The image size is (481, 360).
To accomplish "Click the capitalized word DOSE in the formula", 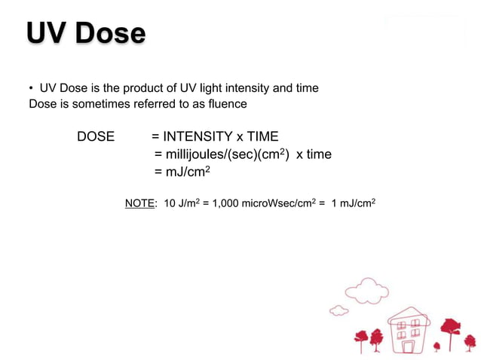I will point(96,136).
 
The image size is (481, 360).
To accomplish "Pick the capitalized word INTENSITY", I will point(198,136).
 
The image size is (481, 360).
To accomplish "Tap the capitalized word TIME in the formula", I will point(262,136).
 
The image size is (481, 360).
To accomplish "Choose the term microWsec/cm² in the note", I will point(280,203).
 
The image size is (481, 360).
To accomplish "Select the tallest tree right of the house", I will point(450,331).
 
